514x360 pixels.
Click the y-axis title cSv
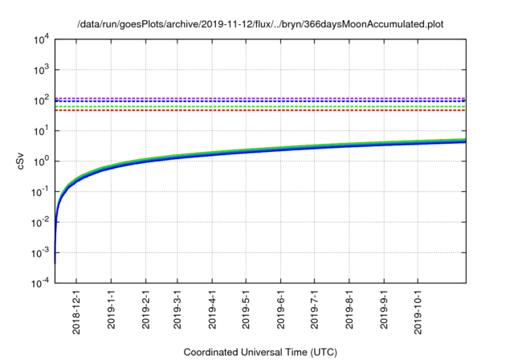pos(22,161)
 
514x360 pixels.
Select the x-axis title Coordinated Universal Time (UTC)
pos(260,352)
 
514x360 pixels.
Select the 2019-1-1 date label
pos(112,306)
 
